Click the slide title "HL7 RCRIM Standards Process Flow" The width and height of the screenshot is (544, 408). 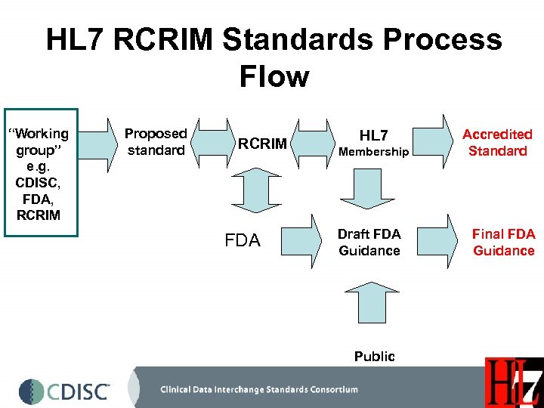pos(274,57)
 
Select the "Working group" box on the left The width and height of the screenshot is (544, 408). pos(42,174)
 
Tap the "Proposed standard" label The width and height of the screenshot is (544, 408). pos(156,142)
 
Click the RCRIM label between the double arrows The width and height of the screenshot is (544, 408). pos(262,144)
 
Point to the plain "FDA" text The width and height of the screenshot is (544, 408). pos(243,241)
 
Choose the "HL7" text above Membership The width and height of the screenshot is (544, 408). pos(373,135)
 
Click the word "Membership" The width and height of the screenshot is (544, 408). pos(373,152)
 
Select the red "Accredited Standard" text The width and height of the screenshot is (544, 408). pos(497,142)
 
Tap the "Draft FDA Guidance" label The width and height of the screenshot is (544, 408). pos(369,242)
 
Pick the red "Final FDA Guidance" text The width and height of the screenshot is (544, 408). pos(503,242)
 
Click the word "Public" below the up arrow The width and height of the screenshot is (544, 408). pos(374,356)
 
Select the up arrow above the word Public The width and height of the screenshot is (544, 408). pos(369,302)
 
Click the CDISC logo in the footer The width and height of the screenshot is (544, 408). pos(65,391)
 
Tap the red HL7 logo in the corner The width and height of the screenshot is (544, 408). pos(514,383)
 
